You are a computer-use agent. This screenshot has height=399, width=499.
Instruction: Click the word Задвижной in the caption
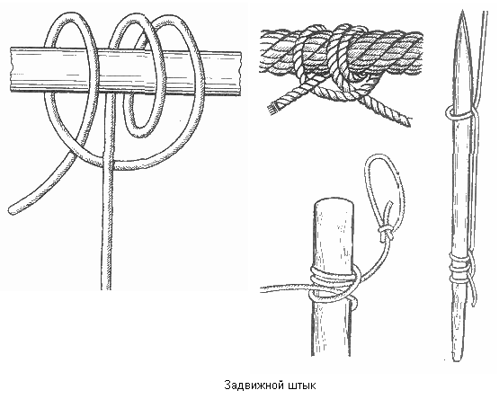tap(254, 386)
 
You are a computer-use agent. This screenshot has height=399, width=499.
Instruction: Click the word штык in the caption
tap(302, 386)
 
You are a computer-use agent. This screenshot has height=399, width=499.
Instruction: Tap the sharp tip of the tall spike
tap(463, 12)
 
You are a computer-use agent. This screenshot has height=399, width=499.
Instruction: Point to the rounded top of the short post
tap(334, 204)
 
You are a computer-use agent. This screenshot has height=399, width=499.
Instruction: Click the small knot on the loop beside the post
tap(386, 232)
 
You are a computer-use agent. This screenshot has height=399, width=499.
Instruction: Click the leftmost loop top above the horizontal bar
tap(71, 16)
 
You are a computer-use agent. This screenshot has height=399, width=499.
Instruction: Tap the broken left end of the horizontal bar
tap(12, 70)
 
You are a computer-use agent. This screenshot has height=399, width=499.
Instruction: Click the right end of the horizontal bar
tap(239, 73)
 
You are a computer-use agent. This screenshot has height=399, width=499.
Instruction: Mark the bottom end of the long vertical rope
tap(106, 287)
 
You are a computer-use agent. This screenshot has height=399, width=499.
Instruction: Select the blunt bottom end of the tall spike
tap(458, 358)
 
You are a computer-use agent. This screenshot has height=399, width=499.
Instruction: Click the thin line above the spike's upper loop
tap(482, 58)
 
